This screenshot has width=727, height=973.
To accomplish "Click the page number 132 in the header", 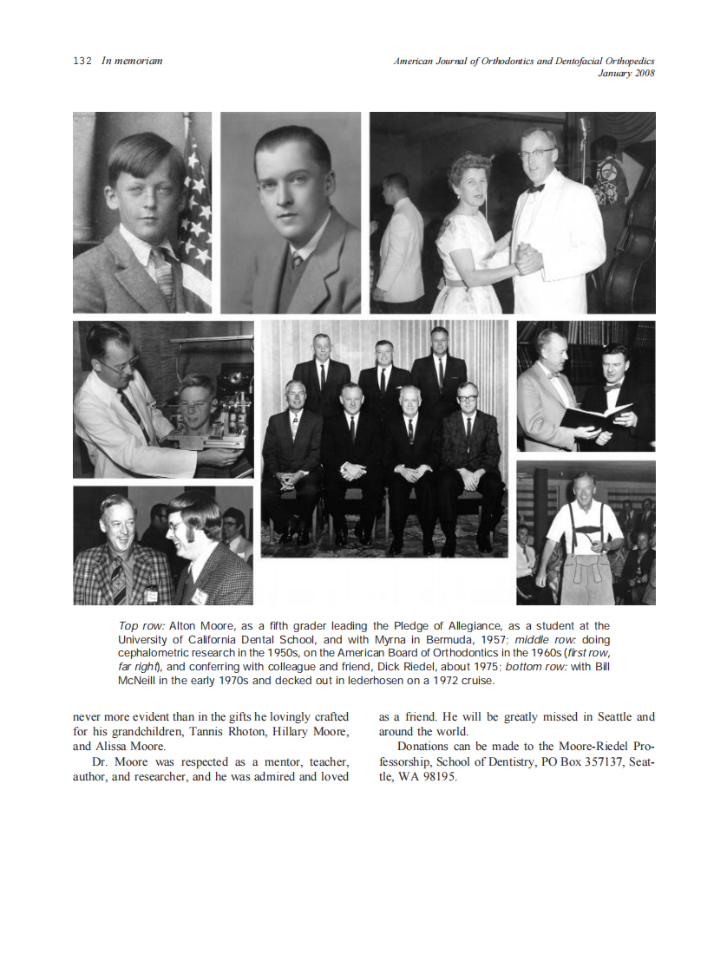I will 82,62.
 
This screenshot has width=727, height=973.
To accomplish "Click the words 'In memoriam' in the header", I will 132,62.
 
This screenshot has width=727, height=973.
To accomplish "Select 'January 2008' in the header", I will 625,73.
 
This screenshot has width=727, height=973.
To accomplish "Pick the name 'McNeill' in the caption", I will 137,681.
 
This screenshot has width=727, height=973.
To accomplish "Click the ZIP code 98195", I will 439,775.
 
